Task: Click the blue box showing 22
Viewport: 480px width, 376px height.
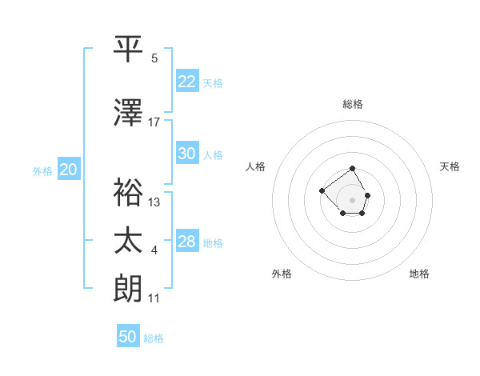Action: (187, 82)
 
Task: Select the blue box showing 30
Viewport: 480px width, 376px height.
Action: (187, 154)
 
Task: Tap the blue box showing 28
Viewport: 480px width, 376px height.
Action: (187, 242)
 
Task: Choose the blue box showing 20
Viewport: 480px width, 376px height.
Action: (69, 170)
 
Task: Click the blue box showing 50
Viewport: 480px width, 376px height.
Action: (128, 337)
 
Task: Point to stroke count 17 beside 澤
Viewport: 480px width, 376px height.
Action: (154, 122)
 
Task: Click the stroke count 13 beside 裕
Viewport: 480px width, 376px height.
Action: (154, 202)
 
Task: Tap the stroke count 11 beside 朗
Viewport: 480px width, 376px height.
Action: (154, 299)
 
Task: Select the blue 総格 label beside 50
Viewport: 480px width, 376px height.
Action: (154, 338)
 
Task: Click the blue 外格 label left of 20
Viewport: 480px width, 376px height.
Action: (42, 170)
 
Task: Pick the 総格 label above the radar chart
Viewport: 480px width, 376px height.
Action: (353, 104)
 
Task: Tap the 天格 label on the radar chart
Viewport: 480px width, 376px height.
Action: (450, 166)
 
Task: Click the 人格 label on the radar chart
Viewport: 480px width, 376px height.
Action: (255, 166)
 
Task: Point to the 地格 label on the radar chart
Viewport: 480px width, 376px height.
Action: (419, 274)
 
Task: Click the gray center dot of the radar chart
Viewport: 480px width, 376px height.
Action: (353, 200)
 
